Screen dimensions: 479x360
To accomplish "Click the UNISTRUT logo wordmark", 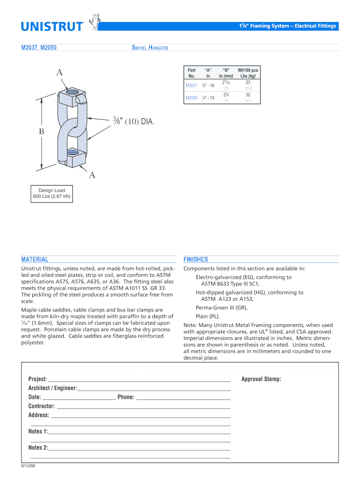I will [51, 26].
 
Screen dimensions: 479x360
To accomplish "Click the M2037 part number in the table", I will [191, 86].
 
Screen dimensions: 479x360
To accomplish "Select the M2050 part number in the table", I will [191, 98].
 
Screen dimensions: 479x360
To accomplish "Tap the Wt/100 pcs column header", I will [247, 73].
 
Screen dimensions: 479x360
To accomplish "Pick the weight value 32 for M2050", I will [248, 94].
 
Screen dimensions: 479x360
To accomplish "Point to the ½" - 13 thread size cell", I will [208, 98].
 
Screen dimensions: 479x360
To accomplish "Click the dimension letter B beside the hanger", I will [41, 132].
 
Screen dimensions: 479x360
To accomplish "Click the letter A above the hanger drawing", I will [59, 72].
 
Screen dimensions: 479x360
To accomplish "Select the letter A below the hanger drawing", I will [92, 175].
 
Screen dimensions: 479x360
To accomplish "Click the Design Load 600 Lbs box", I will [51, 194].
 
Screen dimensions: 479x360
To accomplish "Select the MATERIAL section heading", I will [35, 259].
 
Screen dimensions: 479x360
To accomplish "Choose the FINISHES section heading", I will [196, 259].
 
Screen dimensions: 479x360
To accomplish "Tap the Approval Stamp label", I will [261, 379].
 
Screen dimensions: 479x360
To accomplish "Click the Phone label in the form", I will [126, 397].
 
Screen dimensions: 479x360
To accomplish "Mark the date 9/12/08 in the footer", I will [29, 466].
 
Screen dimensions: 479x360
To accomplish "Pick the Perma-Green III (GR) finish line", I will [222, 308].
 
